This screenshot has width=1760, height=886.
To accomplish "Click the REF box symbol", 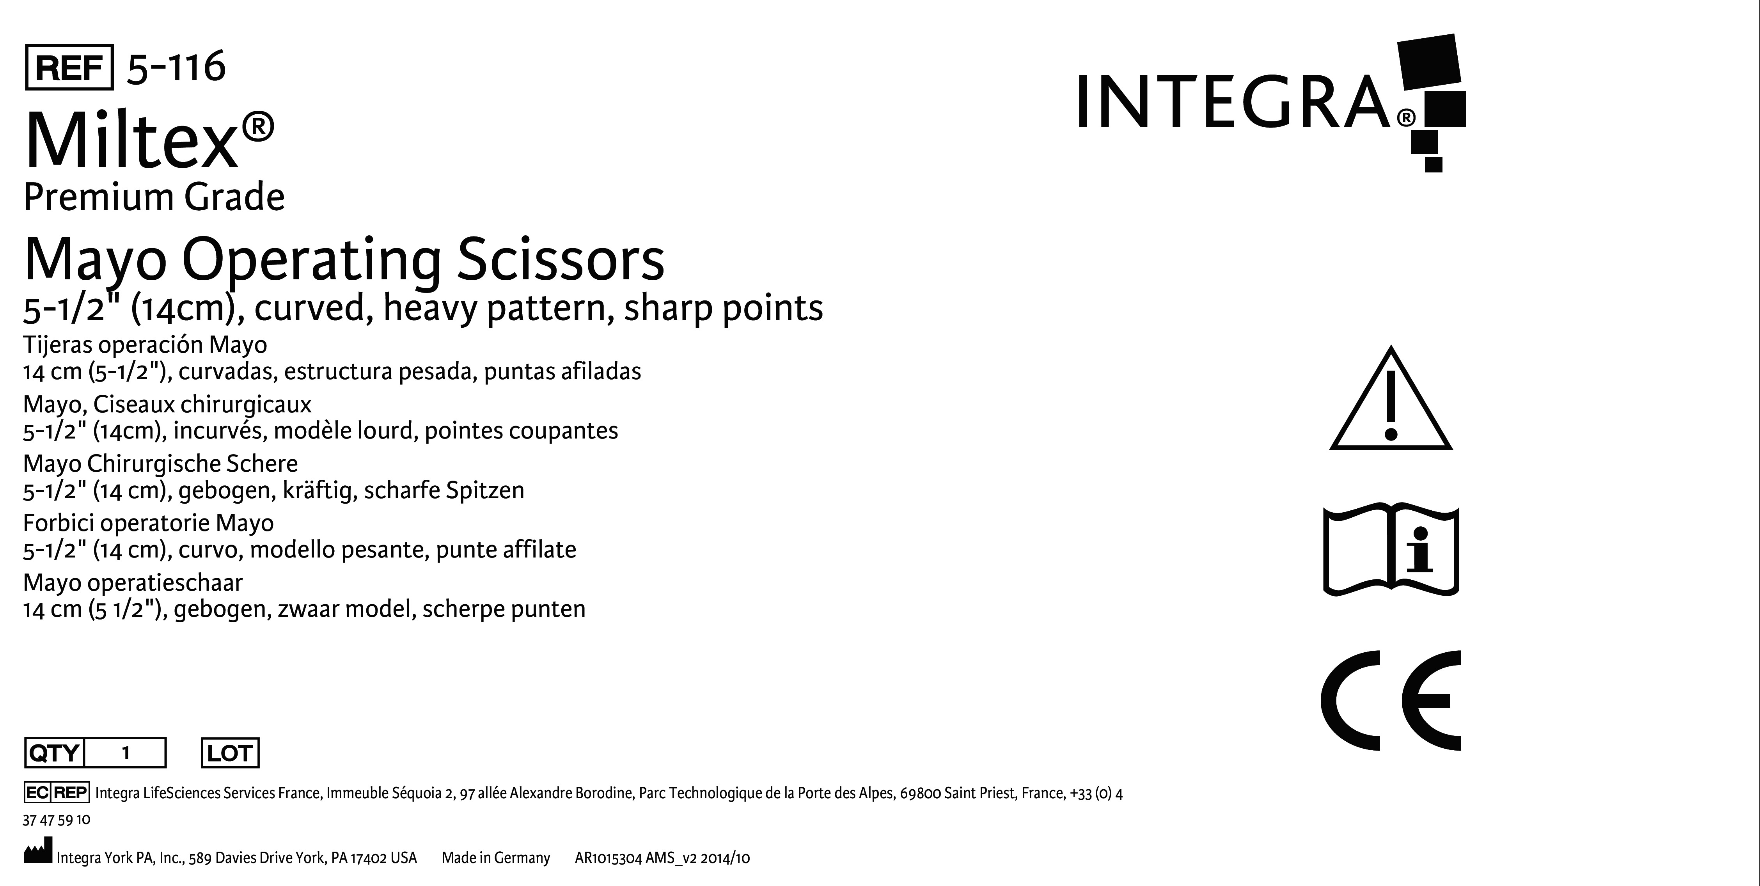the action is [x=69, y=67].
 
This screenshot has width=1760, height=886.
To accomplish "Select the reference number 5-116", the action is [x=176, y=67].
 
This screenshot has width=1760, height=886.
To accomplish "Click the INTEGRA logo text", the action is [x=1233, y=103].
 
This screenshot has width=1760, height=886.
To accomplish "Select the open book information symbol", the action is [x=1391, y=550].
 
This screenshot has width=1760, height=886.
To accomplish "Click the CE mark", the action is [x=1391, y=700].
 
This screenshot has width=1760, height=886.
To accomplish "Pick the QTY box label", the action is [x=53, y=753].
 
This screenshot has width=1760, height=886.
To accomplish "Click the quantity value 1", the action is [x=126, y=753].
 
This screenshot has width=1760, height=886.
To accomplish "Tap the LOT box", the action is [x=230, y=753].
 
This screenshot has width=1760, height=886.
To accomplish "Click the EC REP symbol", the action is [x=57, y=792].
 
